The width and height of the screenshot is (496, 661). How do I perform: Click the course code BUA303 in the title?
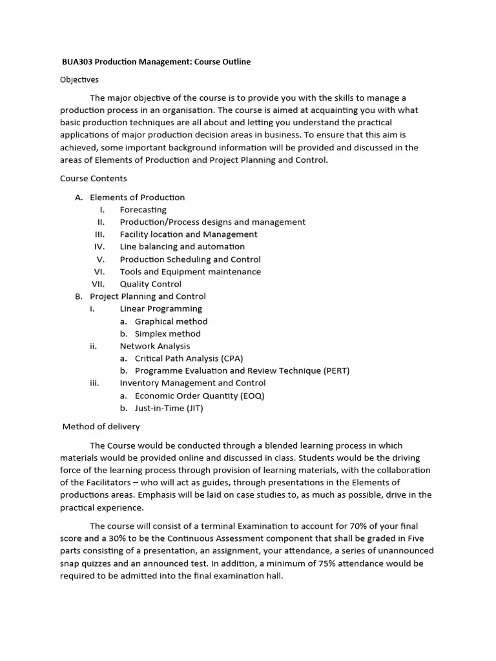click(75, 61)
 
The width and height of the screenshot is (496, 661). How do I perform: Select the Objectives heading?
click(79, 79)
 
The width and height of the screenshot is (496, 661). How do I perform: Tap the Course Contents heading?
click(93, 178)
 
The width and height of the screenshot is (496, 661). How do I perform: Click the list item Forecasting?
click(143, 210)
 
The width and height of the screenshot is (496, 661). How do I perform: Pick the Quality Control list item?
click(150, 284)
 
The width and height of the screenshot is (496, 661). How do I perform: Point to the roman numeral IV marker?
click(99, 247)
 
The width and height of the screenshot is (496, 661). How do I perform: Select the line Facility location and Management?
click(188, 234)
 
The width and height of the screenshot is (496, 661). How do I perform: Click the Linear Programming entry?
click(161, 309)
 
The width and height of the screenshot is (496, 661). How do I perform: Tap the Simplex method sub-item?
click(167, 334)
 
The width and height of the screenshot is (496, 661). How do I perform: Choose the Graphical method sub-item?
click(171, 321)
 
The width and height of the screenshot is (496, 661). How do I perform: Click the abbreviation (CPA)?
click(232, 358)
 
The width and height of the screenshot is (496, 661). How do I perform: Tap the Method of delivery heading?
click(101, 427)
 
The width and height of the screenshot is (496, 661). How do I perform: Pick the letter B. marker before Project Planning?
click(79, 296)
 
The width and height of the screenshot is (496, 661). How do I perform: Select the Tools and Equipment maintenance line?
click(190, 272)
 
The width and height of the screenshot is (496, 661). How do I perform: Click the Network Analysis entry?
click(155, 346)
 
